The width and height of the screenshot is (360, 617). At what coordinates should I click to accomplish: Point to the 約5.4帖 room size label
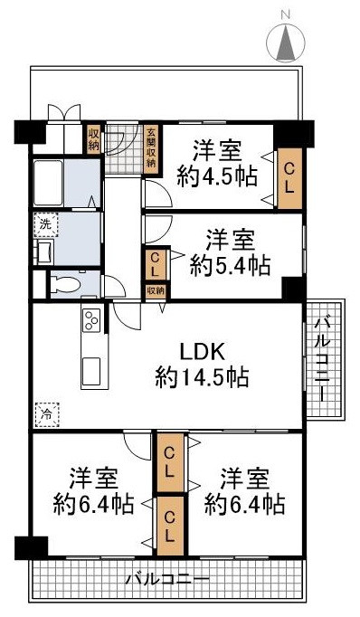[231, 264]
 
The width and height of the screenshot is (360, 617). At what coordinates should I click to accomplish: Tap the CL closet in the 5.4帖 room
[155, 264]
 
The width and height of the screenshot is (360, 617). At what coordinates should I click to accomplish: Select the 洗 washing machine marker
[43, 222]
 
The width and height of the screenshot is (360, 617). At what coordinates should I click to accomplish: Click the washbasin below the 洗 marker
[44, 251]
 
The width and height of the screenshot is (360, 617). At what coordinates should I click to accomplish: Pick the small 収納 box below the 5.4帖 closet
[156, 290]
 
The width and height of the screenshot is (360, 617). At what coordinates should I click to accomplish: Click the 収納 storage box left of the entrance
[93, 139]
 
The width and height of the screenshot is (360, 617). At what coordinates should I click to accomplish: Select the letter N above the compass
[286, 14]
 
